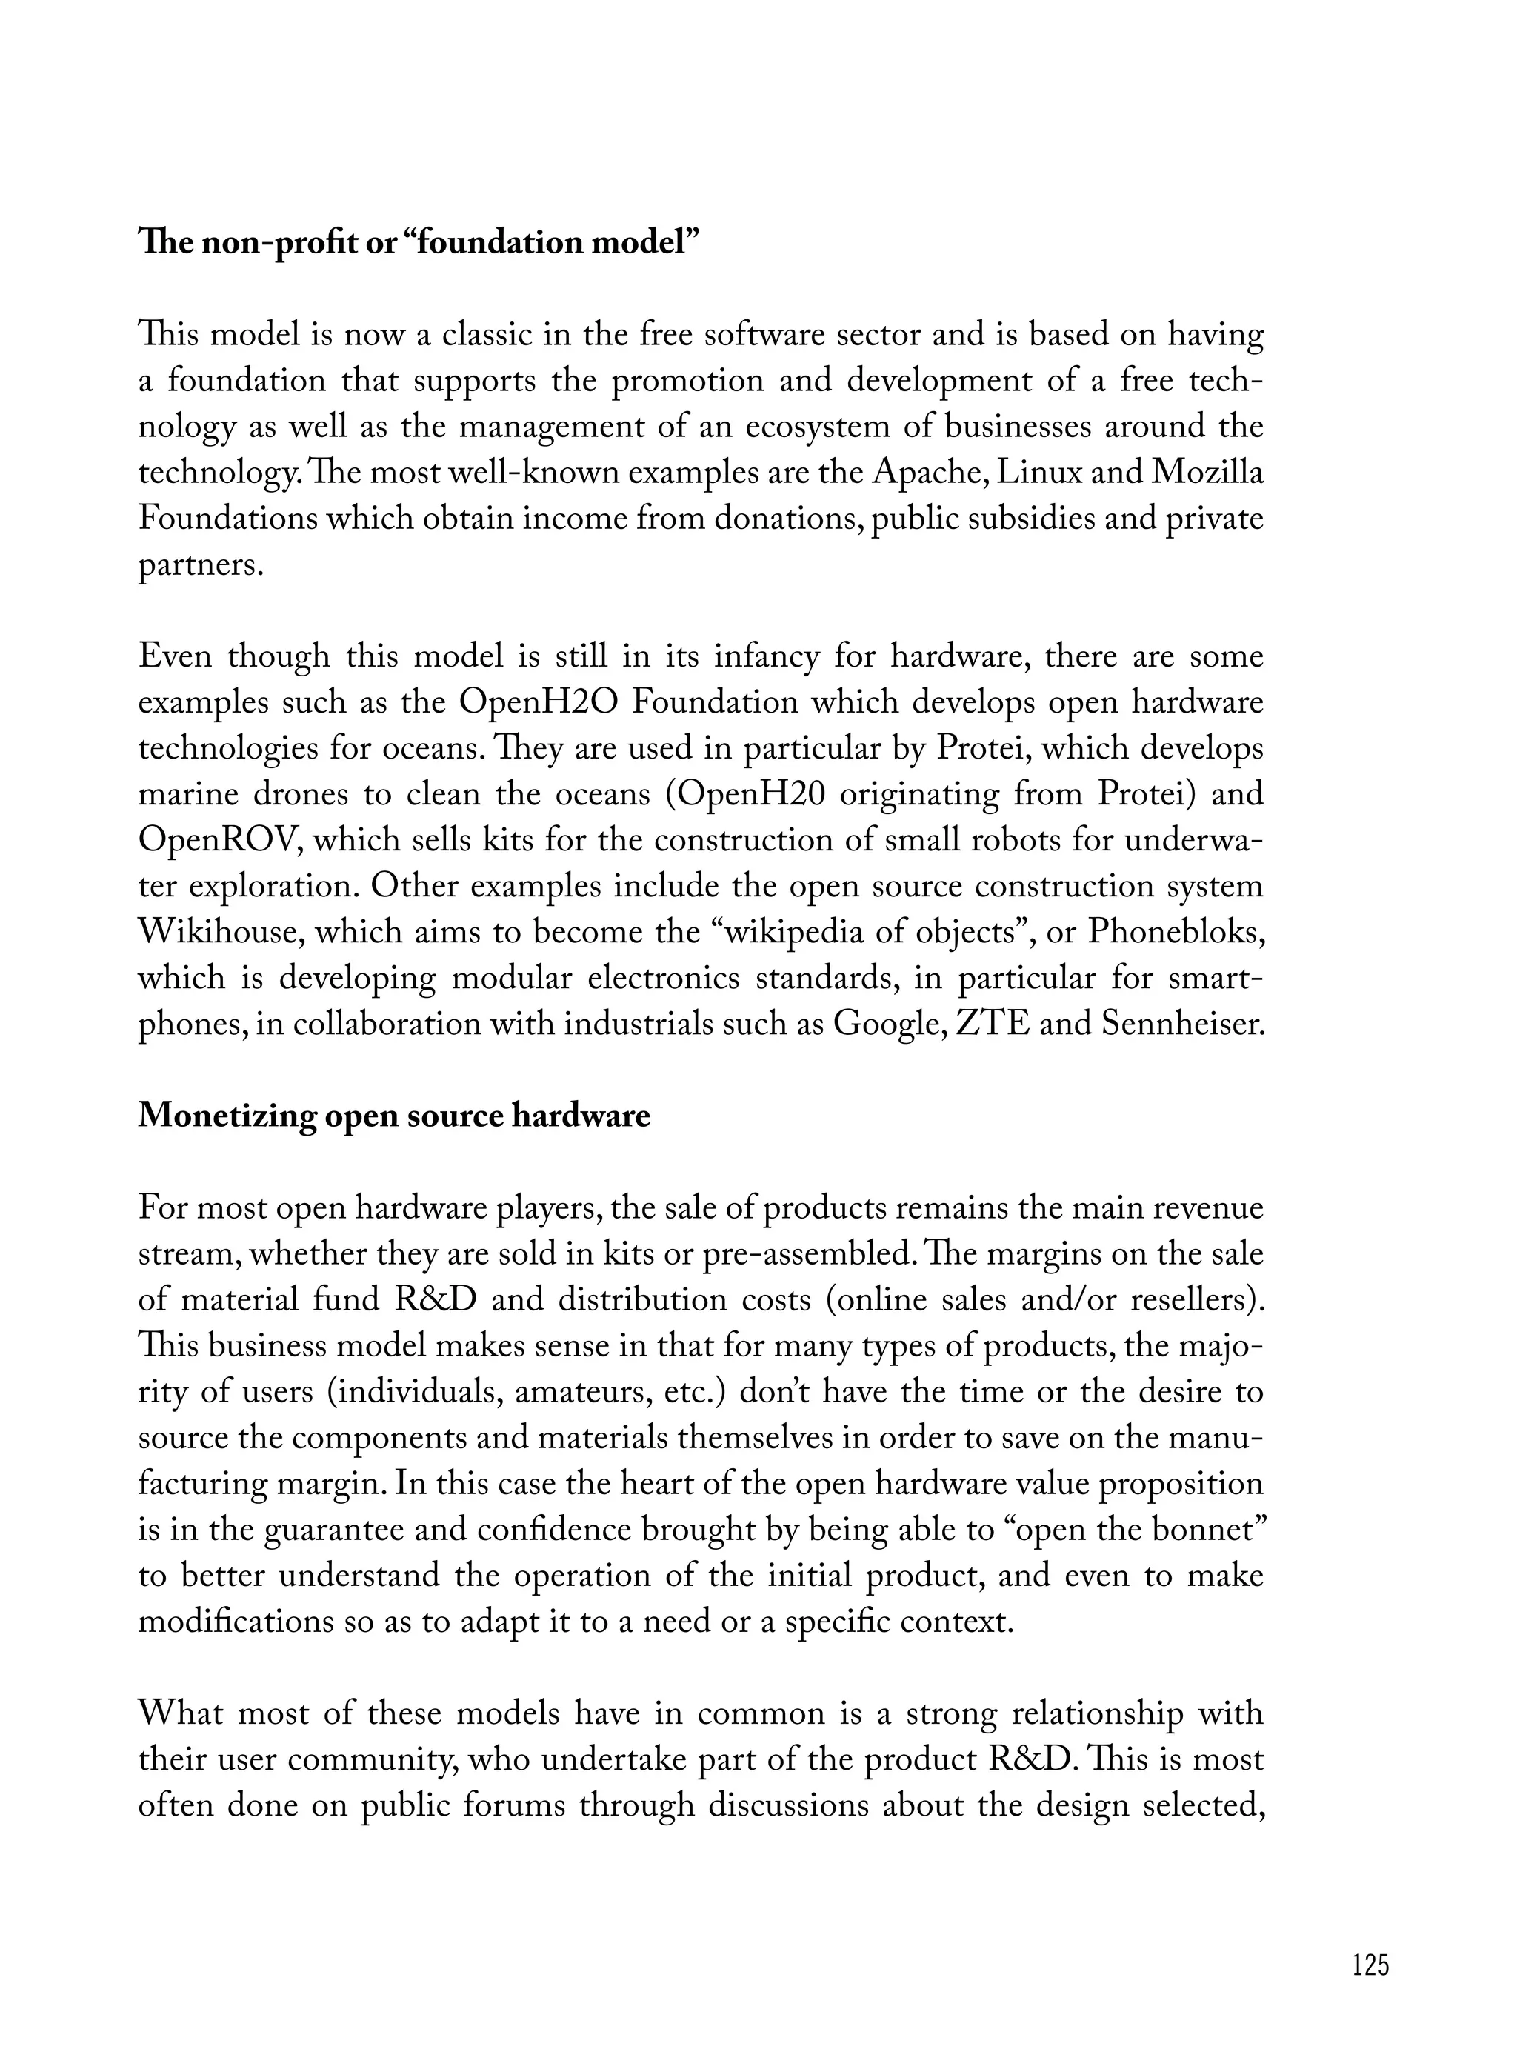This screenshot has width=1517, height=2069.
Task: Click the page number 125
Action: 1371,1965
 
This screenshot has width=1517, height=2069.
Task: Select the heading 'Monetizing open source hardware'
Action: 394,1116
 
